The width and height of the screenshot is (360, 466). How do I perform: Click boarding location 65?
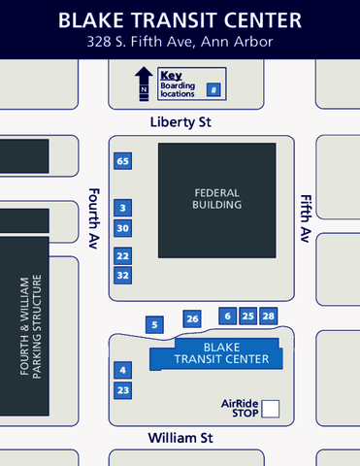(x=122, y=161)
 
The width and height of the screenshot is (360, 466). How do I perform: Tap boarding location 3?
(x=122, y=208)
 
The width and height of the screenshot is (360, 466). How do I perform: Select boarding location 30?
(x=122, y=228)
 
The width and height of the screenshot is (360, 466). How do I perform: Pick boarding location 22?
(x=122, y=255)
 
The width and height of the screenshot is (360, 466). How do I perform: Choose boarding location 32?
(x=122, y=275)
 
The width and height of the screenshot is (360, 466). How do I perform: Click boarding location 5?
(x=153, y=324)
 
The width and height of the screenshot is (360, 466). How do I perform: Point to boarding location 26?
(x=192, y=318)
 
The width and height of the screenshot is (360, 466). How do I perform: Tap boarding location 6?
(x=228, y=316)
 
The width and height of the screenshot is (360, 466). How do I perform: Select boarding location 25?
(x=248, y=316)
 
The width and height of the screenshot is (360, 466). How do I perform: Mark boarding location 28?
(x=269, y=316)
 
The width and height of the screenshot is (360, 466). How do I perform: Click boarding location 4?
(x=122, y=370)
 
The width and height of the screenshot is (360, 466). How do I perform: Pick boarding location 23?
(x=122, y=390)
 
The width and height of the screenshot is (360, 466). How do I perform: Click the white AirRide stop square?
(x=271, y=409)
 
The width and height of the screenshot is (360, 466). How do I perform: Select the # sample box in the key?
(x=213, y=89)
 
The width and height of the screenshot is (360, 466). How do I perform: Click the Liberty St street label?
(x=180, y=123)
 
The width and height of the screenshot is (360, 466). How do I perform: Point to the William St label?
(x=180, y=439)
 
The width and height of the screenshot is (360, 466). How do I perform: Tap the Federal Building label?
(x=216, y=199)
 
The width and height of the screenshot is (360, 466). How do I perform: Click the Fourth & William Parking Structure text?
(x=31, y=327)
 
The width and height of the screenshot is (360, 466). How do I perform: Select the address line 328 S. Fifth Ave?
(x=180, y=42)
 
